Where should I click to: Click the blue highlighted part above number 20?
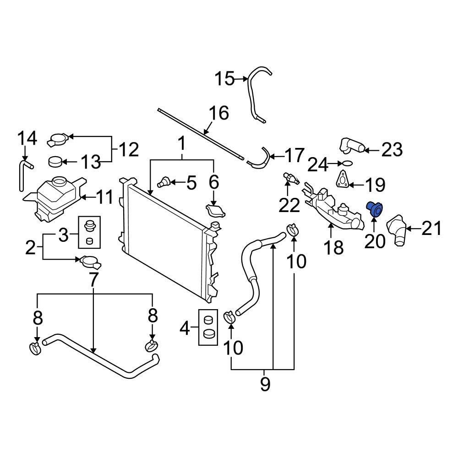click(x=376, y=209)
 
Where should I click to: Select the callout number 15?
click(x=224, y=79)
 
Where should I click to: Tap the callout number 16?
click(x=219, y=113)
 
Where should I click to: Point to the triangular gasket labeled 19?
click(x=342, y=180)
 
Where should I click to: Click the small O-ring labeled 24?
click(x=347, y=163)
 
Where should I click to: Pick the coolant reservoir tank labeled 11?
click(x=55, y=199)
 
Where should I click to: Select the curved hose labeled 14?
click(x=24, y=172)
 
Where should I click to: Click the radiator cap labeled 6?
click(x=215, y=211)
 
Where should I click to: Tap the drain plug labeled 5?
click(x=164, y=182)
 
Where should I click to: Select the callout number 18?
click(x=333, y=247)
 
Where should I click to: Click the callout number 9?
click(x=265, y=384)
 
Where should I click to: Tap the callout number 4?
click(x=185, y=328)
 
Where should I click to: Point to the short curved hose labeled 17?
click(x=260, y=159)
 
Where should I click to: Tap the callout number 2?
click(x=30, y=247)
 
